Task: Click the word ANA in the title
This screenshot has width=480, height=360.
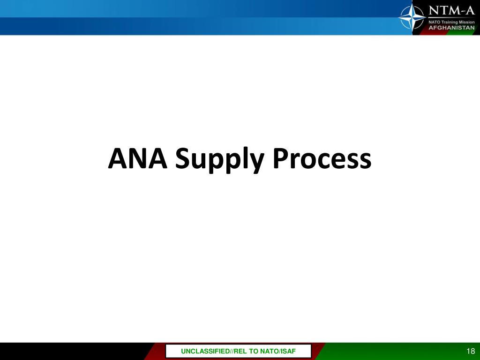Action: [x=138, y=159]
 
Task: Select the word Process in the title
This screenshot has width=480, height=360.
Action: [x=322, y=159]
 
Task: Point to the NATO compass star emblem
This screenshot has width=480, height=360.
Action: [x=412, y=17]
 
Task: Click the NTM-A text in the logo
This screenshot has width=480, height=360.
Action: [x=452, y=10]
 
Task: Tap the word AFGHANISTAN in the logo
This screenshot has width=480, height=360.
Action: [x=452, y=28]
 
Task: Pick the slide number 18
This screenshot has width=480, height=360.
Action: [x=471, y=352]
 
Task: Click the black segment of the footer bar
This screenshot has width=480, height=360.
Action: [x=70, y=352]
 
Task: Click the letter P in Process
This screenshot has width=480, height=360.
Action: [x=280, y=159]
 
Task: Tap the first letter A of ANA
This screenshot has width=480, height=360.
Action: [x=117, y=159]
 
